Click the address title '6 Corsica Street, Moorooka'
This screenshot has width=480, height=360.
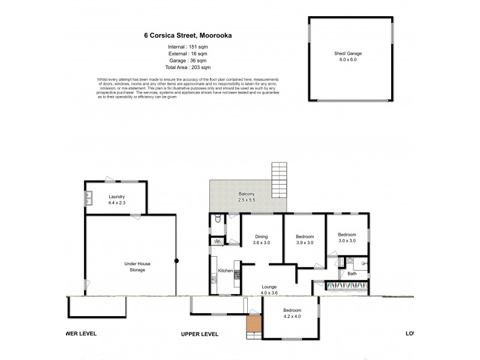188,35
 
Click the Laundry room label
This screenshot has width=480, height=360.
116,197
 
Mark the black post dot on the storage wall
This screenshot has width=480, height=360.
176,260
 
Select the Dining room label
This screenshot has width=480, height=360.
261,236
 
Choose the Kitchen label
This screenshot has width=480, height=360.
225,271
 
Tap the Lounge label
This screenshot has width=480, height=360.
269,287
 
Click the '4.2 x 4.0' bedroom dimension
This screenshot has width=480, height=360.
284,317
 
